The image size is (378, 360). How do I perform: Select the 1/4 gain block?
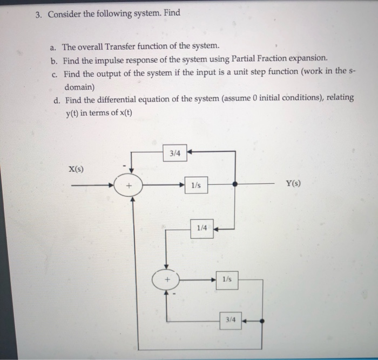click(x=201, y=228)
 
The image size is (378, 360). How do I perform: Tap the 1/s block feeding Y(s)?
click(x=195, y=185)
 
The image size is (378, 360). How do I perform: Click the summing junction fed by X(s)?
click(x=129, y=185)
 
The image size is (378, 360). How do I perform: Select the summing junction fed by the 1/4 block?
click(x=166, y=279)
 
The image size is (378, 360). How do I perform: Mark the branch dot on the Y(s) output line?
click(x=234, y=185)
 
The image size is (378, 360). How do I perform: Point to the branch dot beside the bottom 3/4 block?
click(x=262, y=320)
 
